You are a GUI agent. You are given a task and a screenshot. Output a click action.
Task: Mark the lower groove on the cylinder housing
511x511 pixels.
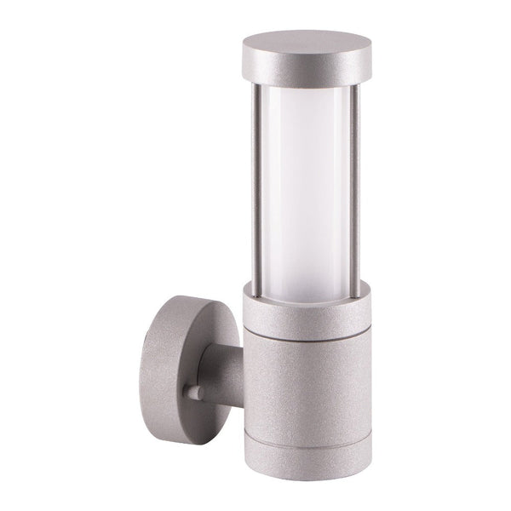[308, 407]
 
